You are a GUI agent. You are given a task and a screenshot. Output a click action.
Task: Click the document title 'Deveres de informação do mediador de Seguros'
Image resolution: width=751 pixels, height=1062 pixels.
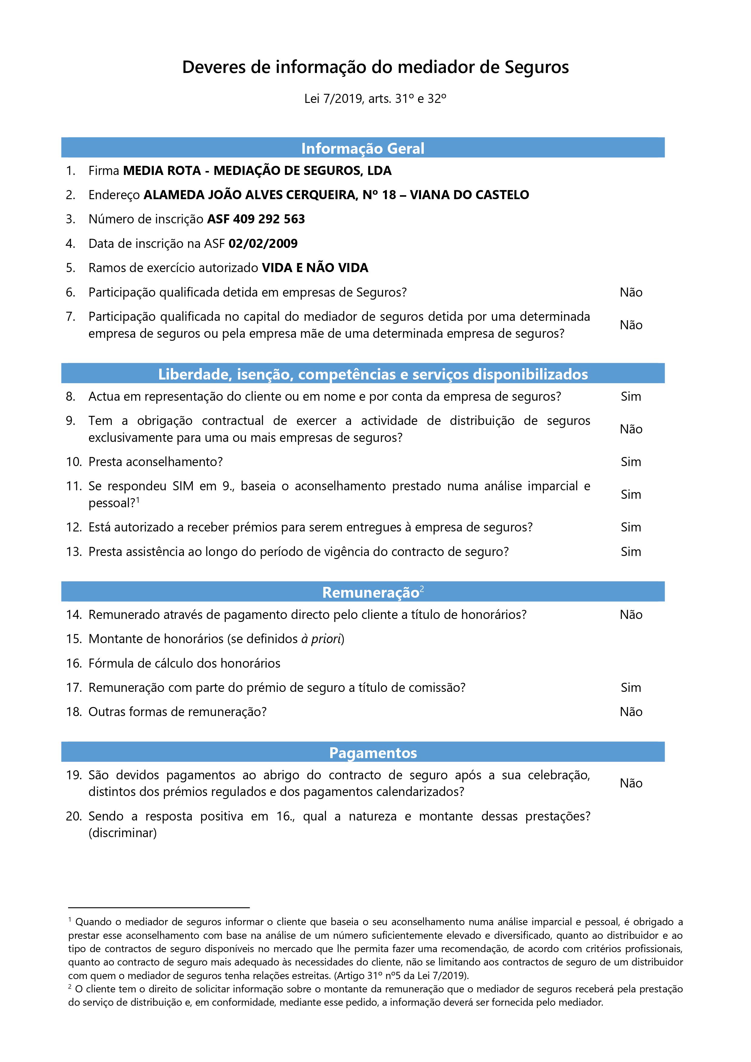(x=375, y=67)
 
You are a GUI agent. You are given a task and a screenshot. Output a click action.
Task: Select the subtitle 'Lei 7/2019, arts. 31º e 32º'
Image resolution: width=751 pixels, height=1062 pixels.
(x=375, y=99)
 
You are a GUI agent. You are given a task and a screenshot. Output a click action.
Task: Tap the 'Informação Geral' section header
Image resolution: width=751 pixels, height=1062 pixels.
(x=363, y=149)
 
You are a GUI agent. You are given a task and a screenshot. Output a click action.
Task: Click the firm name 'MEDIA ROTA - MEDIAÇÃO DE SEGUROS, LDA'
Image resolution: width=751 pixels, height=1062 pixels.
(x=257, y=171)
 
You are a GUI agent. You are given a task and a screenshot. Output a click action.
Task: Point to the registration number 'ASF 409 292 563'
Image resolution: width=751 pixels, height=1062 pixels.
(x=256, y=219)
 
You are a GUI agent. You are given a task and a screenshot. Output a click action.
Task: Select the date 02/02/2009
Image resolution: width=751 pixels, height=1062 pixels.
(x=263, y=244)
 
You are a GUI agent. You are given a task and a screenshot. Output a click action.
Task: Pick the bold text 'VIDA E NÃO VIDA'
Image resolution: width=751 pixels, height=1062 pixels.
(x=315, y=268)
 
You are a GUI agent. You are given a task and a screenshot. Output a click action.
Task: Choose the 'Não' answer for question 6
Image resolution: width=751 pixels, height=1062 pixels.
(x=631, y=292)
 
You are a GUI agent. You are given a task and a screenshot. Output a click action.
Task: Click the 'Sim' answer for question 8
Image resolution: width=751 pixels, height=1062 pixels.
(x=631, y=396)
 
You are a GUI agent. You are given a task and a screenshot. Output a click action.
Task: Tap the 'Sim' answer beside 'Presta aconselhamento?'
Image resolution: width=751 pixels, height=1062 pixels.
(x=631, y=462)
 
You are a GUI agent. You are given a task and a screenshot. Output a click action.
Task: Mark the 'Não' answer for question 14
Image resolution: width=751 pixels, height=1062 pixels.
(x=631, y=615)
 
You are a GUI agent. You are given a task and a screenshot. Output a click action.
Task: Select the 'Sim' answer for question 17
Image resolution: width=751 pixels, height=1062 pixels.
(x=631, y=687)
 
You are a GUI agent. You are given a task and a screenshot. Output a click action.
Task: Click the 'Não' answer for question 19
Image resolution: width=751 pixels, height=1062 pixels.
(x=631, y=783)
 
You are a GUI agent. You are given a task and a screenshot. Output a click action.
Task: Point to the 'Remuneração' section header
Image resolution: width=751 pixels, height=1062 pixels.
(x=370, y=593)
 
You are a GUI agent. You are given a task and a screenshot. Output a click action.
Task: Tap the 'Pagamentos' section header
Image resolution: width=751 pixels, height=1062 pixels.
(x=373, y=753)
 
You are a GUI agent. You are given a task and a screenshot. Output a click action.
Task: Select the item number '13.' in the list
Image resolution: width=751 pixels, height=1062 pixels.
(x=74, y=552)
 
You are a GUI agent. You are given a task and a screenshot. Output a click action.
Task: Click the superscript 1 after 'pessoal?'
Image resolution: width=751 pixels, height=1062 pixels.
(x=138, y=500)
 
